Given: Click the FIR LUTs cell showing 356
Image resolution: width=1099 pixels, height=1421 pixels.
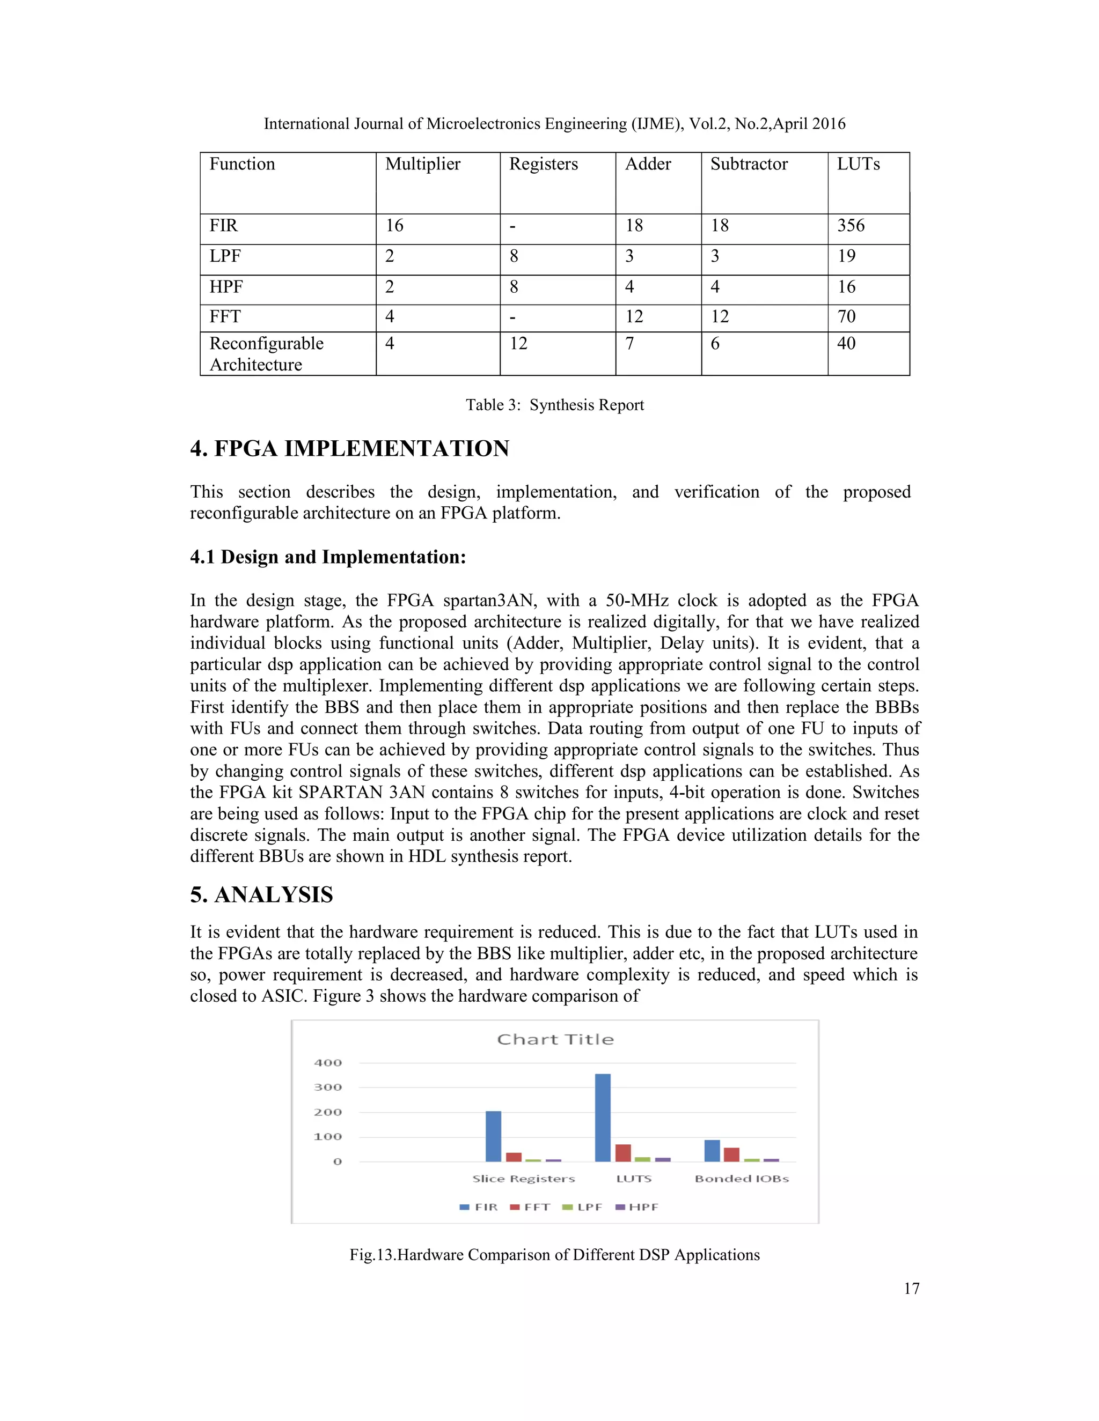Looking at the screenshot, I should (851, 226).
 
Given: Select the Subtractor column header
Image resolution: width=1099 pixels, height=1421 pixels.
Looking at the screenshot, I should (749, 164).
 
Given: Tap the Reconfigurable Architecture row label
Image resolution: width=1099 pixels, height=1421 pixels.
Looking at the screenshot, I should (266, 353).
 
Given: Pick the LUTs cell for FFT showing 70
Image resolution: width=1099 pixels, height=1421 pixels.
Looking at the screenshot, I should (846, 317).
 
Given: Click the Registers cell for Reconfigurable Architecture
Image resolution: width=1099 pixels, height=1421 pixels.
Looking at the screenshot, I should (518, 344).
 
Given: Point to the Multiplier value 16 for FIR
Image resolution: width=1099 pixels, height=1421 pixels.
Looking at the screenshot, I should (394, 226).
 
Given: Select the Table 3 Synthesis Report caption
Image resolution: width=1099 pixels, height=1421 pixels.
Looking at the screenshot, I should (555, 405).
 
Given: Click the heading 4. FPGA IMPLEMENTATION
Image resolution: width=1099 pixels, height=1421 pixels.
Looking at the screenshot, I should (350, 449).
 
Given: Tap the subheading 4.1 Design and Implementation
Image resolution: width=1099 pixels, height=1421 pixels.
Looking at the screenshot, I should (328, 557).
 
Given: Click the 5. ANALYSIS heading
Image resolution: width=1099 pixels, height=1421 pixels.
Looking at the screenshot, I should (262, 894).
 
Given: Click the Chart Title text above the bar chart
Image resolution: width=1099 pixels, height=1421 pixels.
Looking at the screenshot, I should (555, 1039).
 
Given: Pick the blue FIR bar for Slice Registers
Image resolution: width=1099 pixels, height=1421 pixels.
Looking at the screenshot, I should (494, 1136).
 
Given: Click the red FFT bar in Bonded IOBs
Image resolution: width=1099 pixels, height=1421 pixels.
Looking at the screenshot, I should (731, 1154).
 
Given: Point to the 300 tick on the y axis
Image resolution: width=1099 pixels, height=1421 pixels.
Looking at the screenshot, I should (327, 1087).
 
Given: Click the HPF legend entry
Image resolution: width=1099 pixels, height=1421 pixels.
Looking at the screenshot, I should (637, 1207).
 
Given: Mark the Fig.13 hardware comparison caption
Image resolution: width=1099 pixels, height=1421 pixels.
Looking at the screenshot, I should (555, 1254).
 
